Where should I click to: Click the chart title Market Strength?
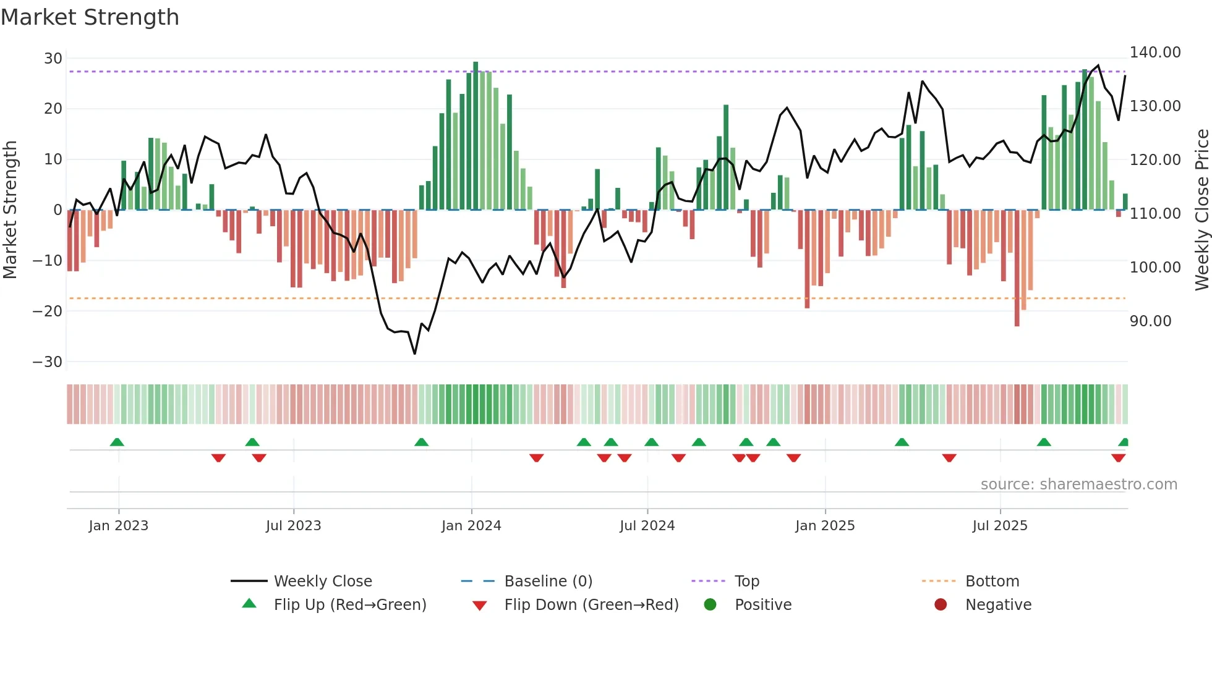click(90, 17)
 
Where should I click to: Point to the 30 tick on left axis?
click(53, 59)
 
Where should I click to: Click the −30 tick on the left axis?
click(48, 362)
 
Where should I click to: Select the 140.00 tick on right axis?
click(1155, 53)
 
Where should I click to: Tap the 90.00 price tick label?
click(1150, 321)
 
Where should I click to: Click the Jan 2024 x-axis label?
click(471, 526)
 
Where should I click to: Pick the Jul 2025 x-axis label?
click(999, 526)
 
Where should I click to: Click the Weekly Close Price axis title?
click(1201, 210)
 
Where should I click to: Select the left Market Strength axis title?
click(10, 210)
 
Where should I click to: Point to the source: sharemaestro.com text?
click(1078, 484)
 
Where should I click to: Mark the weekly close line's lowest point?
click(414, 353)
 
